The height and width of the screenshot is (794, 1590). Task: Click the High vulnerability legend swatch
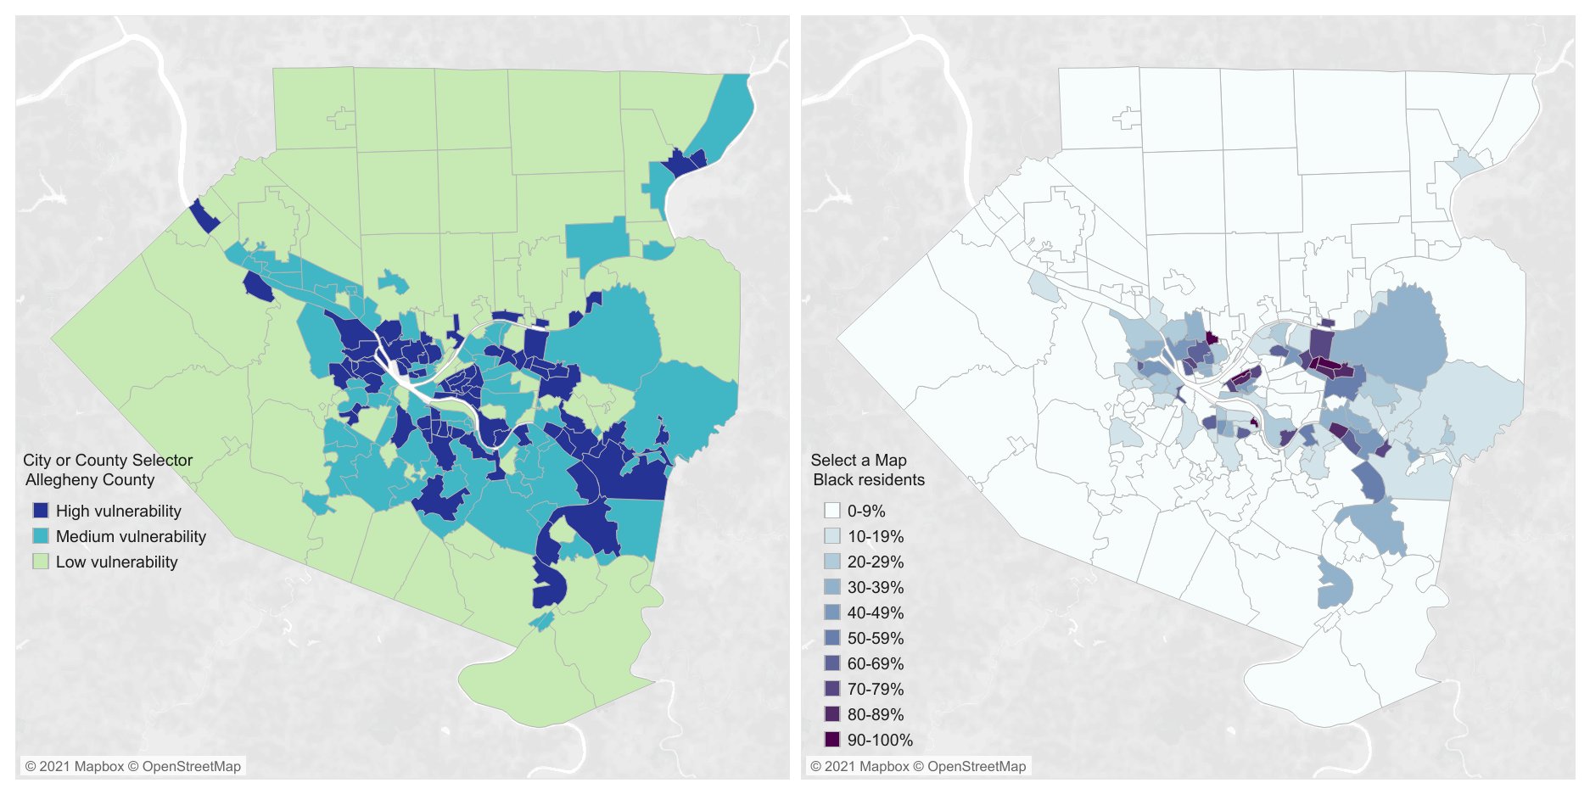(x=41, y=511)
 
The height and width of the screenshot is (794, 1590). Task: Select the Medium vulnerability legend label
(x=131, y=536)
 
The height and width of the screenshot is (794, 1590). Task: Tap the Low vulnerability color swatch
(x=41, y=562)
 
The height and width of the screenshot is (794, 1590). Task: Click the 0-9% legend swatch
(x=831, y=511)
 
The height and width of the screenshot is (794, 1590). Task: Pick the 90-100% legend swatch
(x=831, y=740)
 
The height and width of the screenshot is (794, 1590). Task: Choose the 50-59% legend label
(x=875, y=638)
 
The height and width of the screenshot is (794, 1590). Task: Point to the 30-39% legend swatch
(x=831, y=587)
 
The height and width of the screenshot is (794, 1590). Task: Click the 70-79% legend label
(x=875, y=689)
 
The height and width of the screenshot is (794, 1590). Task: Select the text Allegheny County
(x=90, y=479)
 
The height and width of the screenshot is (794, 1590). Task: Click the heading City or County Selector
(x=108, y=460)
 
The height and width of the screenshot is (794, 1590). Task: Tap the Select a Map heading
(x=858, y=460)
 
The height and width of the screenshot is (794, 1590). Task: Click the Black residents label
(x=868, y=479)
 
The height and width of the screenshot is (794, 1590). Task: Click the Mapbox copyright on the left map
(x=75, y=766)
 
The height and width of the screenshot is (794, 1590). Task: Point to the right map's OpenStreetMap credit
(x=976, y=766)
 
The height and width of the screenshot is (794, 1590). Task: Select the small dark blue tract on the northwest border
(x=204, y=216)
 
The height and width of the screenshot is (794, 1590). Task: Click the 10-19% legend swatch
(x=831, y=536)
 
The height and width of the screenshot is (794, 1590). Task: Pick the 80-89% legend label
(x=875, y=714)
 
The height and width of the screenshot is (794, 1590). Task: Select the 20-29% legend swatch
(x=831, y=562)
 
